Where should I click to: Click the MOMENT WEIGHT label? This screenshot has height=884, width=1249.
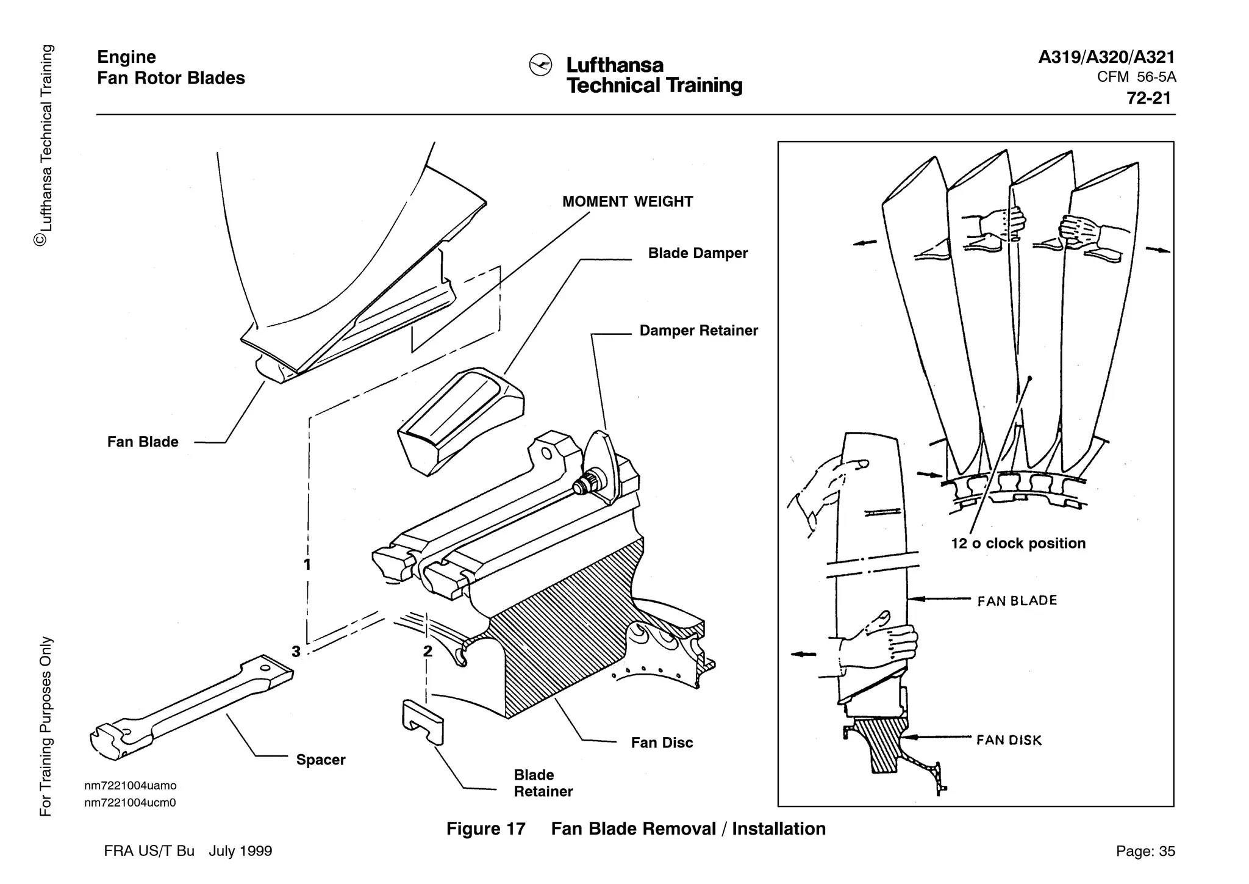628,202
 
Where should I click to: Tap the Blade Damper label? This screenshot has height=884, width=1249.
698,253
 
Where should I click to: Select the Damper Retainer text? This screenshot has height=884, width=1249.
698,331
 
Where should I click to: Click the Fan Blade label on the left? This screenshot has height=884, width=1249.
143,442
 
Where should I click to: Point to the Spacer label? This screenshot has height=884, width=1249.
321,760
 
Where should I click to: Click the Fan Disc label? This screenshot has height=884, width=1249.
662,743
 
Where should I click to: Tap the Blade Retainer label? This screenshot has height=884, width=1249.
543,783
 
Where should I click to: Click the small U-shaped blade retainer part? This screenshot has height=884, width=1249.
423,722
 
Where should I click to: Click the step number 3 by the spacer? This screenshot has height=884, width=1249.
296,652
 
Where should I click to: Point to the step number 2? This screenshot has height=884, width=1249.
428,652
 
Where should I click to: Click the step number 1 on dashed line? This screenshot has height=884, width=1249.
307,565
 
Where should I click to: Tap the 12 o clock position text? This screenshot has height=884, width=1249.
1018,544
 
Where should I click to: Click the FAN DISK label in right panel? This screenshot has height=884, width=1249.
1009,741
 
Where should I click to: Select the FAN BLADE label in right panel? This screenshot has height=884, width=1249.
1017,601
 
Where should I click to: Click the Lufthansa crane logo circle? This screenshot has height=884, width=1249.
540,65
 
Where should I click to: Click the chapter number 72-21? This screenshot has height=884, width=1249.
1148,98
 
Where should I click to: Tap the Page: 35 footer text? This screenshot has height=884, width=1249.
1145,852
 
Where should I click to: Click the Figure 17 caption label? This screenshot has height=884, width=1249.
485,829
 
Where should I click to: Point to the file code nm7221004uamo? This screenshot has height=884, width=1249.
130,786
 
